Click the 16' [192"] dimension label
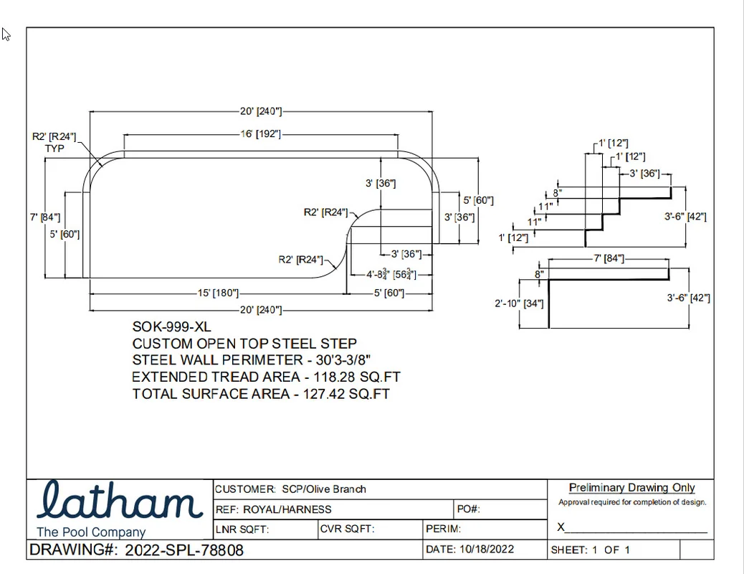point(260,134)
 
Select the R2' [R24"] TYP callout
point(54,143)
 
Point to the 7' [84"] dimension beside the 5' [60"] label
point(45,217)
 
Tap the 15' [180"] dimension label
point(219,293)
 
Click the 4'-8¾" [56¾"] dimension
point(391,274)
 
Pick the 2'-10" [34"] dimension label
point(519,304)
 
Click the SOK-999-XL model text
point(172,327)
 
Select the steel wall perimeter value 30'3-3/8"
point(343,359)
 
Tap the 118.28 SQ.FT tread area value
point(357,377)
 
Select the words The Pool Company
point(91,532)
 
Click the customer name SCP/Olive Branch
point(324,489)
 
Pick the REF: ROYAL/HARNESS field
point(273,509)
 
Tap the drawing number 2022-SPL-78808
point(184,550)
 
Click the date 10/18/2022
point(487,550)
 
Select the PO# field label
point(468,509)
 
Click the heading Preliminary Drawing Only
point(632,487)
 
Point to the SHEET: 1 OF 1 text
point(591,550)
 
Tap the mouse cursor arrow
point(6,34)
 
